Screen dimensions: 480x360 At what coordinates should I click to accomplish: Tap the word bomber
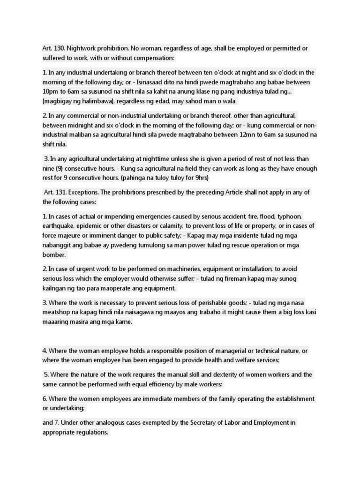(54, 255)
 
